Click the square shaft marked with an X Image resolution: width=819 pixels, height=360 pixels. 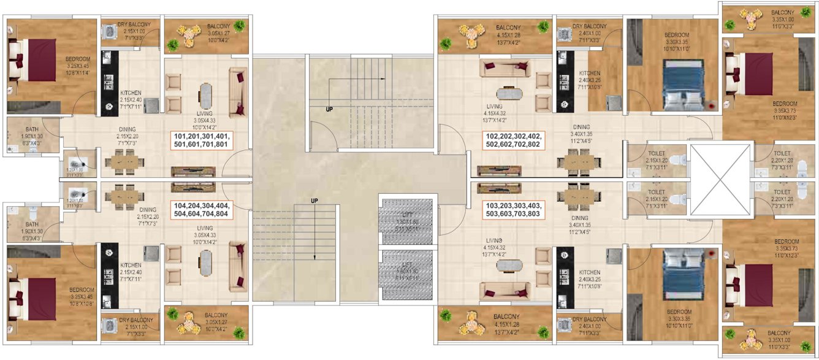(x=720, y=180)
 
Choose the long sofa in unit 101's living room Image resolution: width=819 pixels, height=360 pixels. (x=237, y=92)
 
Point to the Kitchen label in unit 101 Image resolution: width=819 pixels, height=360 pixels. (x=131, y=97)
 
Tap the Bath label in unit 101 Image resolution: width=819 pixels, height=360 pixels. (x=25, y=139)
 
